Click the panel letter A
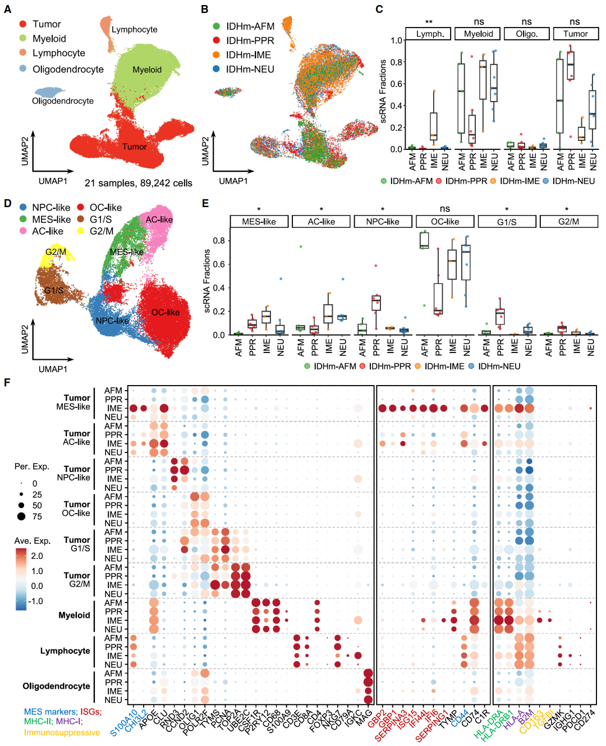pyautogui.click(x=7, y=10)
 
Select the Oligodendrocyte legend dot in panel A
pyautogui.click(x=22, y=68)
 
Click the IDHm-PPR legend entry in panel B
pyautogui.click(x=250, y=40)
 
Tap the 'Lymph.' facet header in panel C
pyautogui.click(x=430, y=34)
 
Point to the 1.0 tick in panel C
pyautogui.click(x=396, y=40)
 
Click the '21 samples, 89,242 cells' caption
pyautogui.click(x=138, y=183)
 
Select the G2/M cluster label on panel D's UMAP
pyautogui.click(x=56, y=251)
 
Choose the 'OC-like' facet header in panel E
pyautogui.click(x=445, y=222)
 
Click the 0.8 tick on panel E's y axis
pyautogui.click(x=219, y=241)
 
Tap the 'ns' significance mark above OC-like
pyautogui.click(x=445, y=209)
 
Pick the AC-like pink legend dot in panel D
pyautogui.click(x=23, y=231)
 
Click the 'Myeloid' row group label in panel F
pyautogui.click(x=74, y=615)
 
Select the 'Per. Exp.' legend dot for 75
pyautogui.click(x=21, y=516)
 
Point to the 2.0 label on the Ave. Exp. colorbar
pyautogui.click(x=37, y=556)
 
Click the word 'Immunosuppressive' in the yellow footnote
pyautogui.click(x=62, y=733)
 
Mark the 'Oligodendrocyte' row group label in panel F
pyautogui.click(x=56, y=686)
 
